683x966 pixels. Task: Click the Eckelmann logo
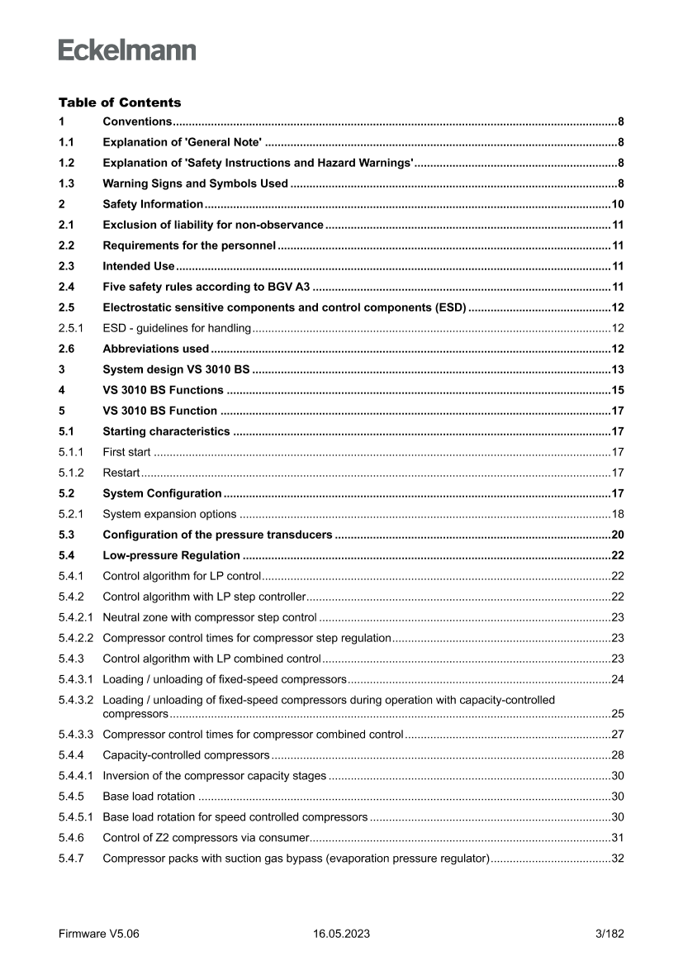pos(127,50)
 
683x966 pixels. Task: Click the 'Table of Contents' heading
pos(120,102)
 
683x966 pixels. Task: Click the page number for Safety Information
pos(616,204)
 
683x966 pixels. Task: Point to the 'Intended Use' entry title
pos(138,266)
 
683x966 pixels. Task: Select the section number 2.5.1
pos(71,328)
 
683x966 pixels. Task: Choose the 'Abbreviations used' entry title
pos(155,349)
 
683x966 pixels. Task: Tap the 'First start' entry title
pos(126,452)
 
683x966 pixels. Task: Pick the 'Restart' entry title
pos(121,473)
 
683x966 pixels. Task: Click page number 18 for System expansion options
pos(617,514)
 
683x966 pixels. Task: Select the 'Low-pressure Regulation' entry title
pos(171,555)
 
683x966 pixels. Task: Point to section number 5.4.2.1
pos(76,616)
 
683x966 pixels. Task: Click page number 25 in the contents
pos(617,713)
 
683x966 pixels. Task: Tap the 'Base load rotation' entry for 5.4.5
pos(149,797)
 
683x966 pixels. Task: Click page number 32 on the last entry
pos(617,859)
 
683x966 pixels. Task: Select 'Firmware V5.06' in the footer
pos(99,934)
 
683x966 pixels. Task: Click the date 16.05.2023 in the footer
pos(341,934)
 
